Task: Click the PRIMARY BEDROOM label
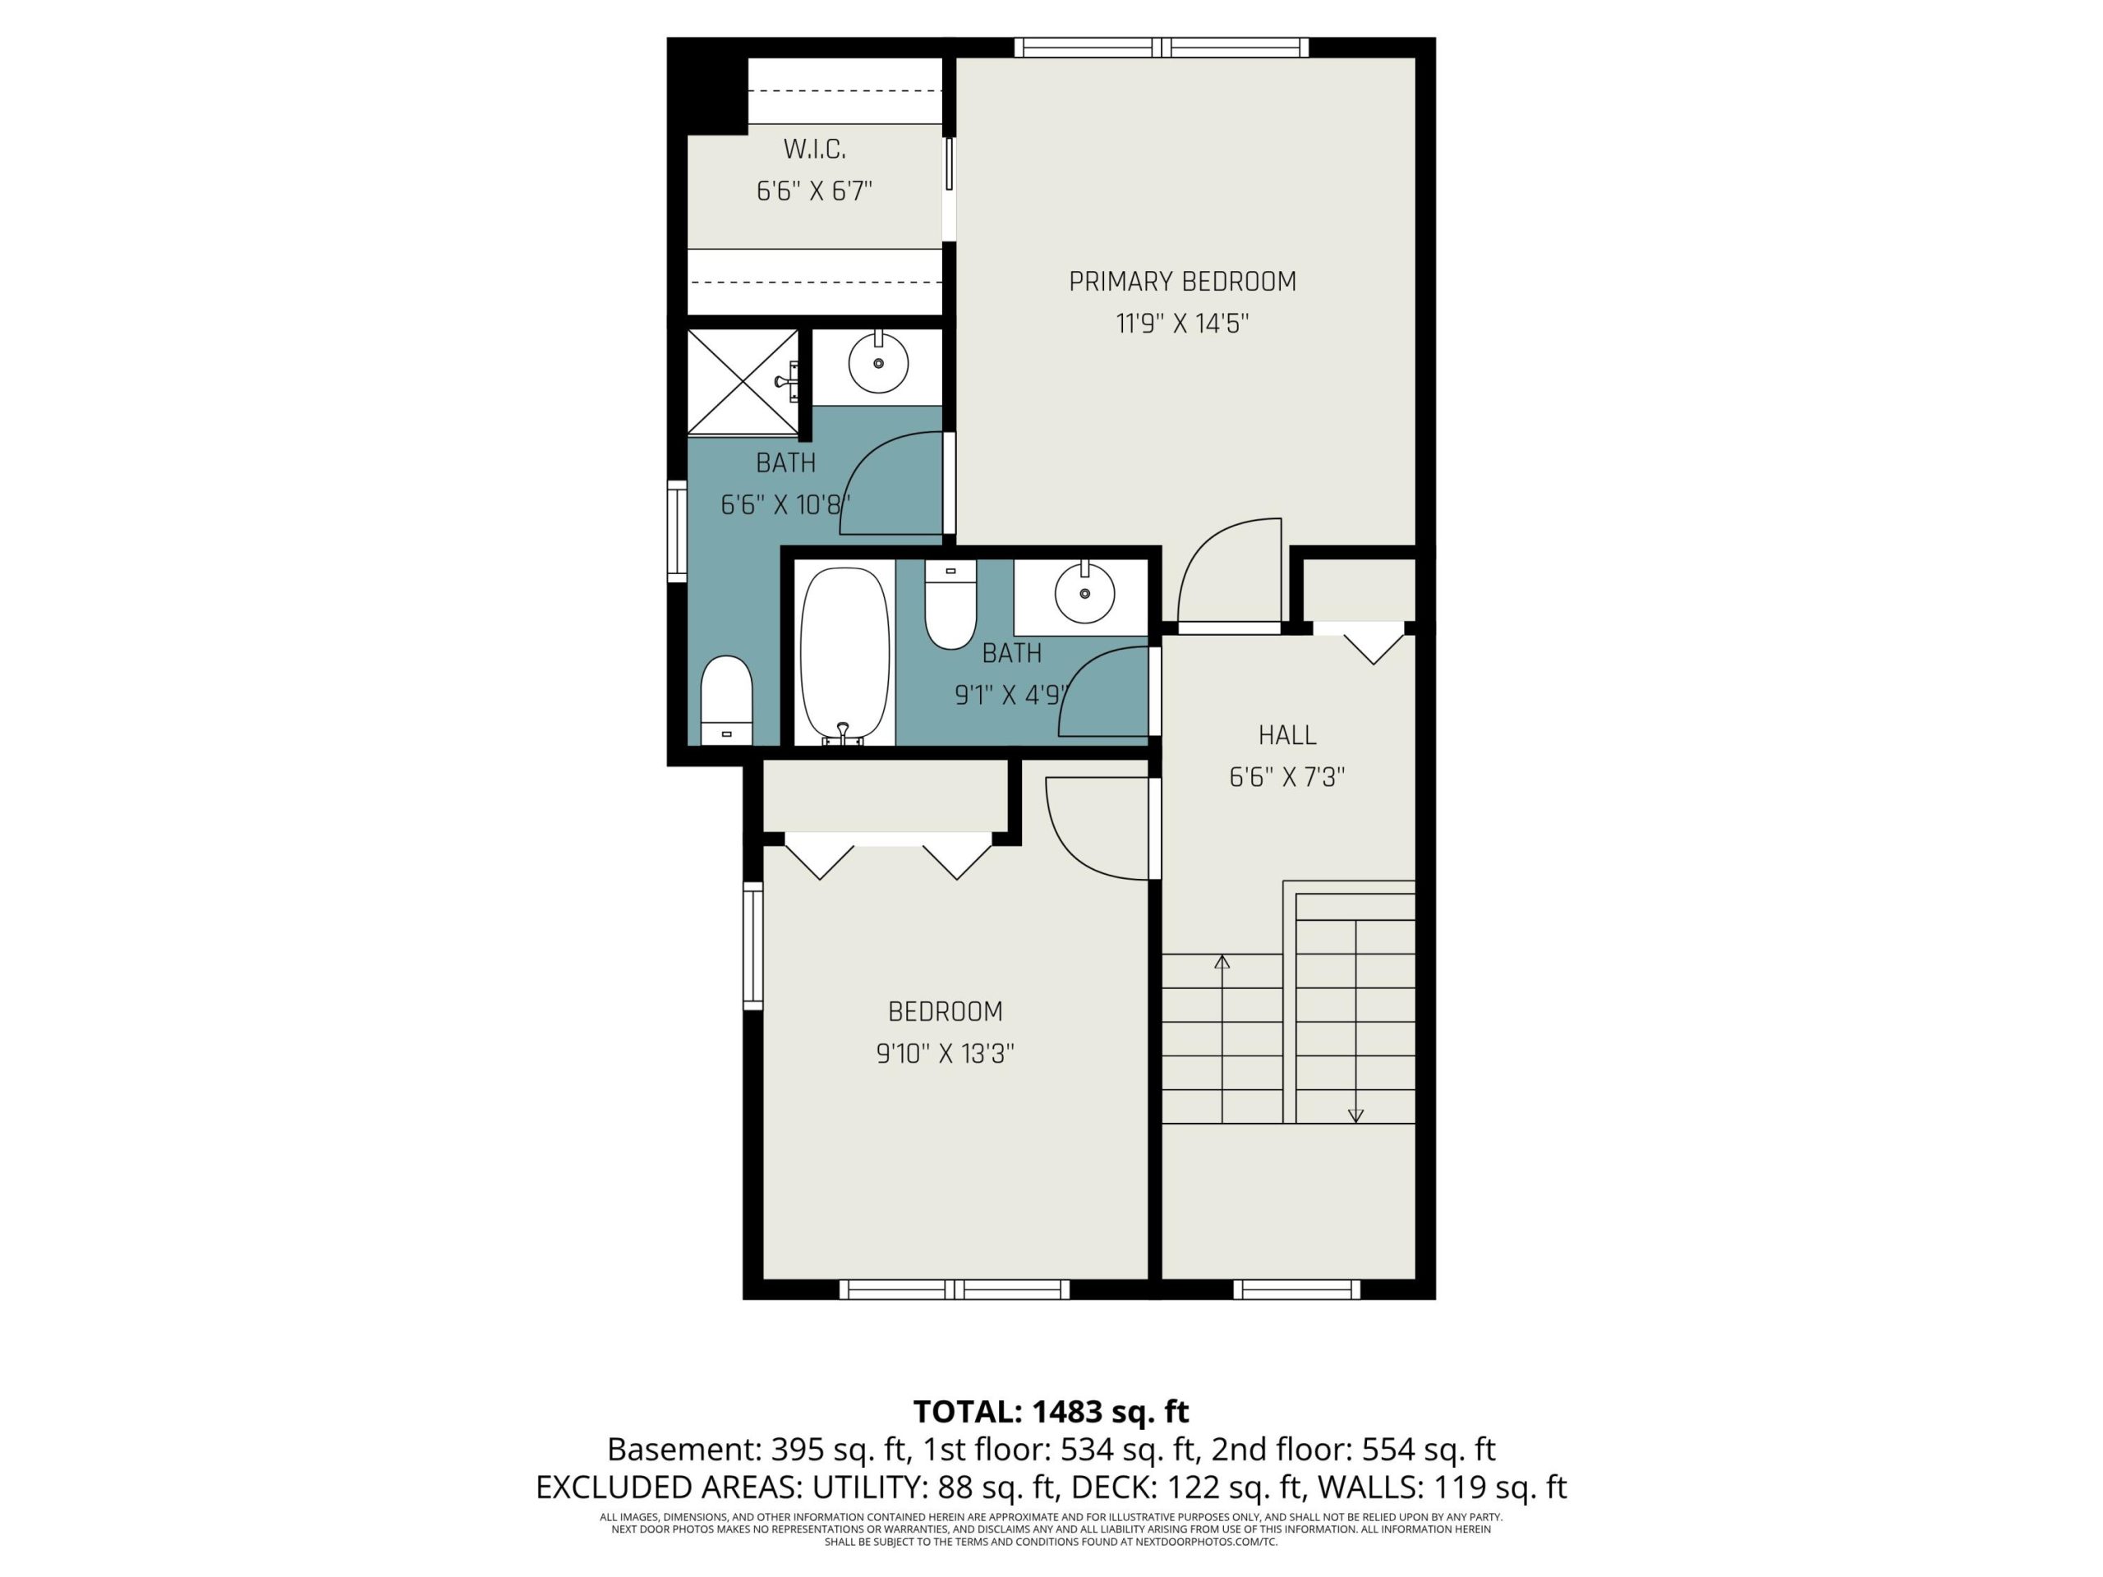1182,282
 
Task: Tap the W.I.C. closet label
814,149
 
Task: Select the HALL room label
1287,735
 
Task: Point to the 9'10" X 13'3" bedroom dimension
945,1053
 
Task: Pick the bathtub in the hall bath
844,656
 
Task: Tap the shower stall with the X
743,382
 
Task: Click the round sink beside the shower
877,363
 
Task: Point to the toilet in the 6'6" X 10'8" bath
726,701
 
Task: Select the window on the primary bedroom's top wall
1161,48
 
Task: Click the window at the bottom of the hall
1297,1289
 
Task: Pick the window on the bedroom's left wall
753,945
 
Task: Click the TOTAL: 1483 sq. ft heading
1051,1412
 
